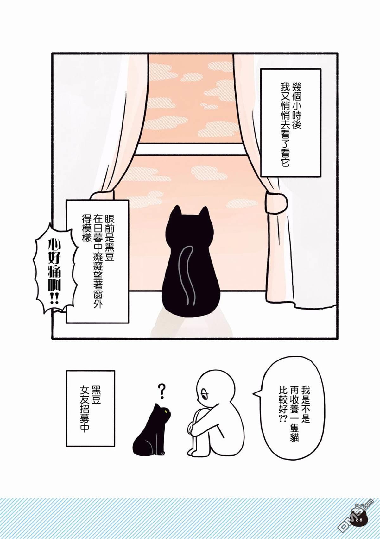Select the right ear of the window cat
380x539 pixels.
205,212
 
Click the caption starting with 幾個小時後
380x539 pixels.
291,122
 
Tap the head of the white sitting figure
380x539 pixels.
215,391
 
